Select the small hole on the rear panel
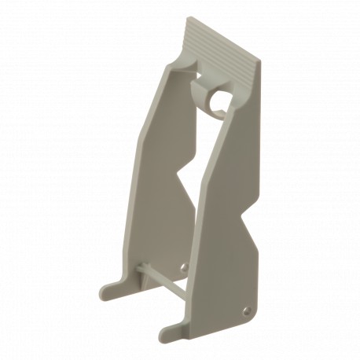(182, 269)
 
